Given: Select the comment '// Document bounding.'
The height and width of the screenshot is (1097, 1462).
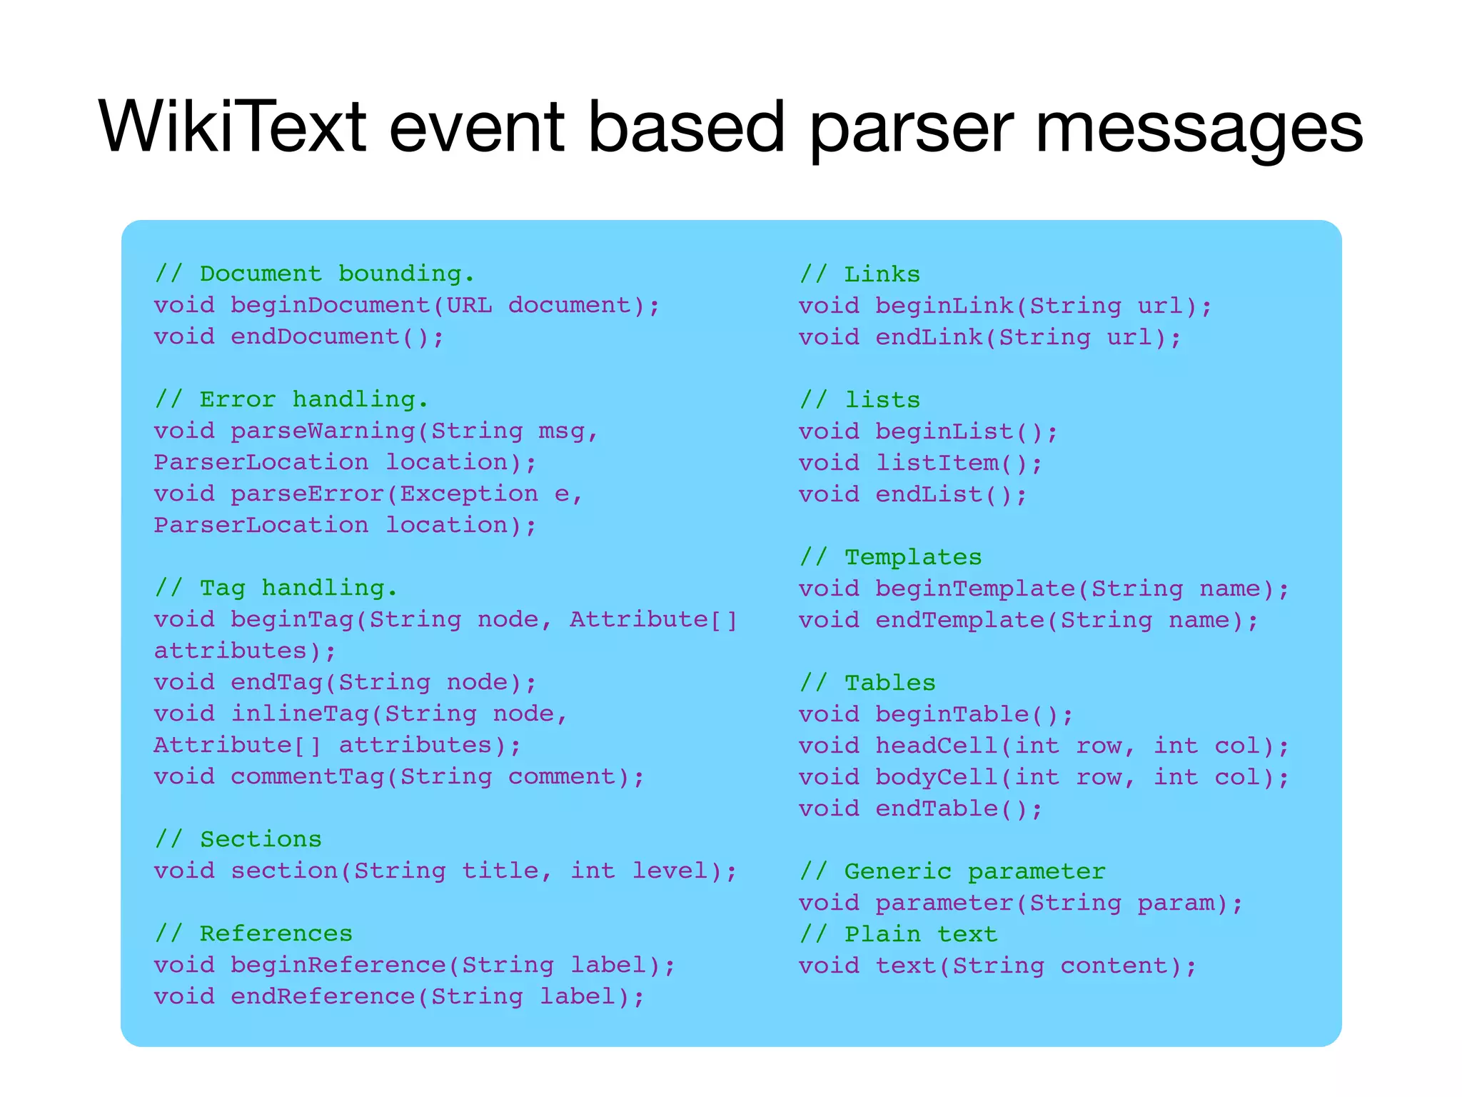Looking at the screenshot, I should coord(315,274).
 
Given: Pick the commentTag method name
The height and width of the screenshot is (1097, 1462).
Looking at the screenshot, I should coord(307,776).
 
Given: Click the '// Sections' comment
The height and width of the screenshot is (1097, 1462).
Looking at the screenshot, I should coord(238,839).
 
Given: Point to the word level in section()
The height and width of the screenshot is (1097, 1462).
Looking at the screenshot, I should coord(670,871).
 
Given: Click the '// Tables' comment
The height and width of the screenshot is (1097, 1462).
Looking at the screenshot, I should coord(867,683).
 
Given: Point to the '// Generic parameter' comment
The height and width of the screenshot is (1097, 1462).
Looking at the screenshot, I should coord(952,871).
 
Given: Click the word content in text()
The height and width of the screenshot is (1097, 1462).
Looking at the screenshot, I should coord(1114,966).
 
